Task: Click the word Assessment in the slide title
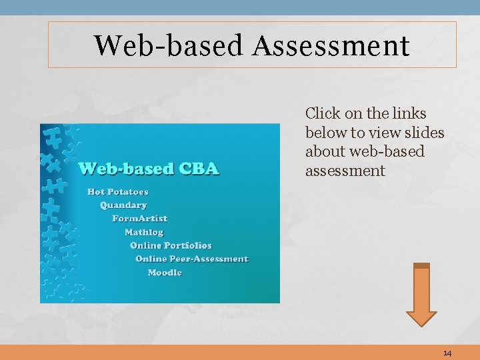(x=331, y=45)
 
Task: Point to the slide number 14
(x=447, y=353)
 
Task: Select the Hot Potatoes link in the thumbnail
(x=118, y=192)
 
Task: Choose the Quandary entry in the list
(x=123, y=205)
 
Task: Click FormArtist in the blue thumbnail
(x=139, y=219)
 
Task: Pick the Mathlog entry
(x=144, y=232)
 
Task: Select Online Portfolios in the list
(x=171, y=245)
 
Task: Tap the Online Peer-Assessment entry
(x=191, y=259)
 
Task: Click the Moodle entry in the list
(x=165, y=273)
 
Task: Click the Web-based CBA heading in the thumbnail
(x=149, y=168)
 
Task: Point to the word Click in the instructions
(x=323, y=114)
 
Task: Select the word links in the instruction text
(x=409, y=114)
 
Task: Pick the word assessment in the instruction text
(x=345, y=171)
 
